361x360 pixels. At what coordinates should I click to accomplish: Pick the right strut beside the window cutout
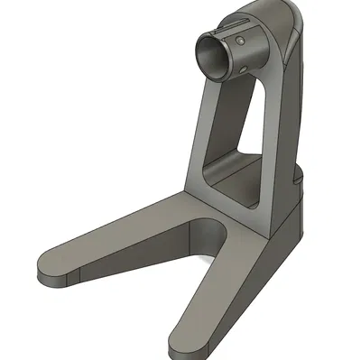point(276,135)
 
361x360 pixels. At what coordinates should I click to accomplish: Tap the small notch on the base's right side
point(297,180)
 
